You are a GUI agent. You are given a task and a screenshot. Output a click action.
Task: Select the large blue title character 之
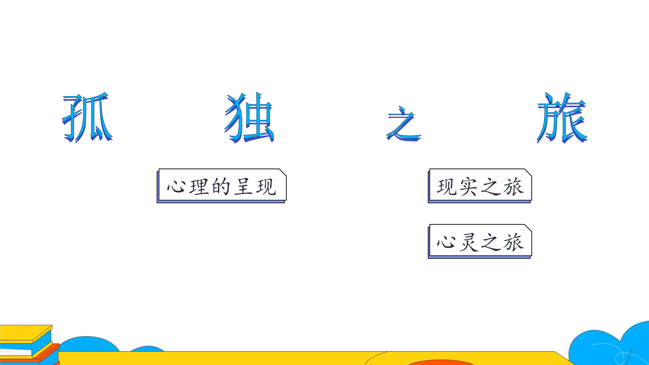click(404, 123)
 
